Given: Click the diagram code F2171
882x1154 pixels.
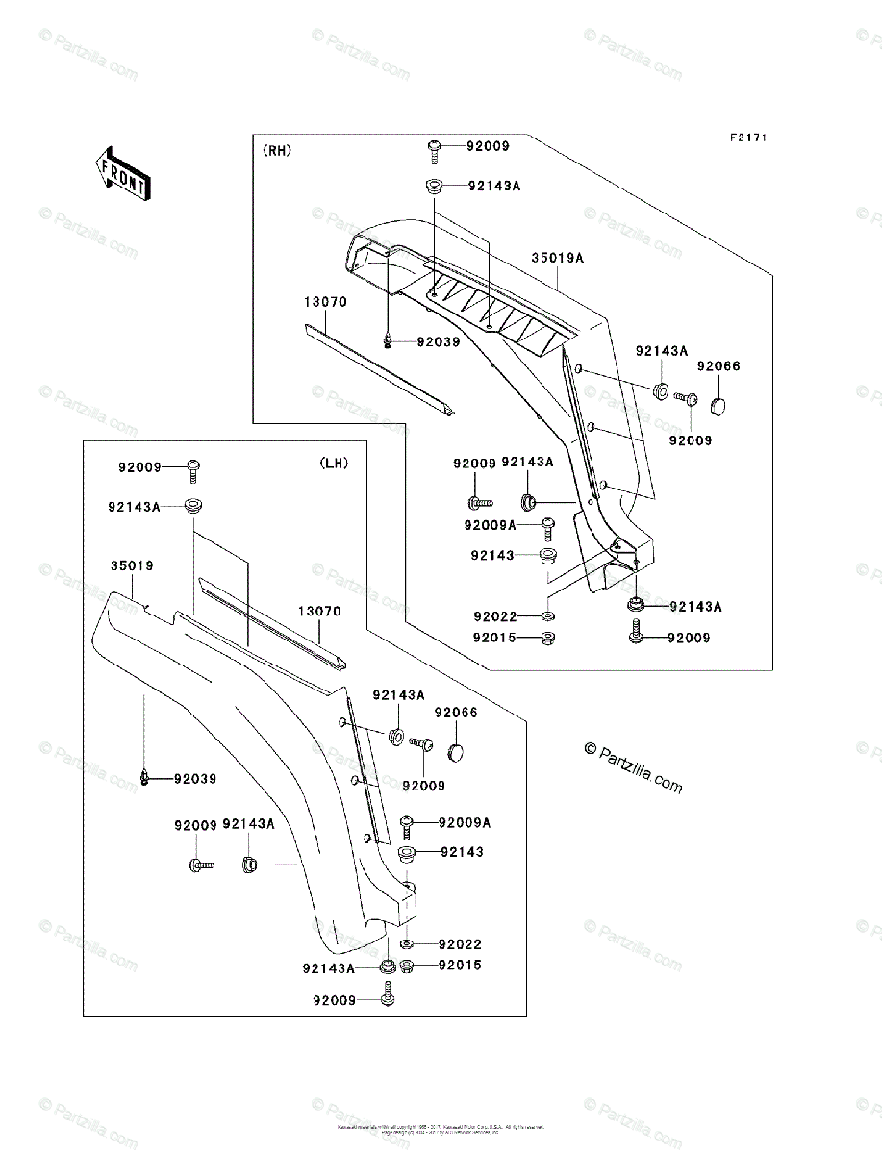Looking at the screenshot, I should click(x=747, y=138).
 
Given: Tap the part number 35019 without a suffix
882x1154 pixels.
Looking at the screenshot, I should click(x=131, y=566).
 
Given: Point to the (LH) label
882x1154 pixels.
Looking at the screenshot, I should click(x=334, y=463).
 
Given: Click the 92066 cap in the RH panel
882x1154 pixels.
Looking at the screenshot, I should click(x=719, y=403).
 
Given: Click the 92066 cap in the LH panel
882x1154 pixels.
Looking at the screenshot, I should click(x=456, y=748).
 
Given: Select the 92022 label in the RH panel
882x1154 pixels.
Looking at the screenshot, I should click(x=494, y=616).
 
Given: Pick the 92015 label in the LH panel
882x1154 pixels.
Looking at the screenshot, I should click(x=460, y=965).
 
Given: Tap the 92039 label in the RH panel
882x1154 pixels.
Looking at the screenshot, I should click(x=438, y=341).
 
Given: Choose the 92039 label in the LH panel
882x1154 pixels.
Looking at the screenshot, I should click(x=195, y=778).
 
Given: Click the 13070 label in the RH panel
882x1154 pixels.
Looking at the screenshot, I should click(x=325, y=302).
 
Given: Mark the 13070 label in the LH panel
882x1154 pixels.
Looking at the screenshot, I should click(x=318, y=611).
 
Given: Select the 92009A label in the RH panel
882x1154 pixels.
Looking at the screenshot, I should click(x=490, y=525).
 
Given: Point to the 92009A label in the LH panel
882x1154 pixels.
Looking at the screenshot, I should click(x=465, y=822).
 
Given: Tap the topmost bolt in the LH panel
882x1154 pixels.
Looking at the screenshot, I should click(x=193, y=469).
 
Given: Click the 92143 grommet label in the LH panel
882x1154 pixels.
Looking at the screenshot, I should click(x=463, y=852).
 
